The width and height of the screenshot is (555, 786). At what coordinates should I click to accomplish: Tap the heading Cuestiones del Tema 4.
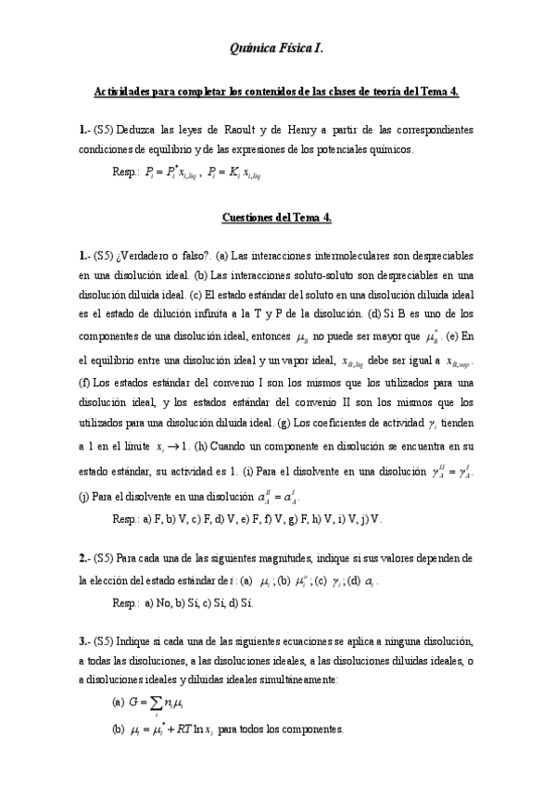click(277, 218)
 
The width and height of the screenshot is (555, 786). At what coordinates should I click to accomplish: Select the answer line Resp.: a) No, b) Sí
click(175, 602)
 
